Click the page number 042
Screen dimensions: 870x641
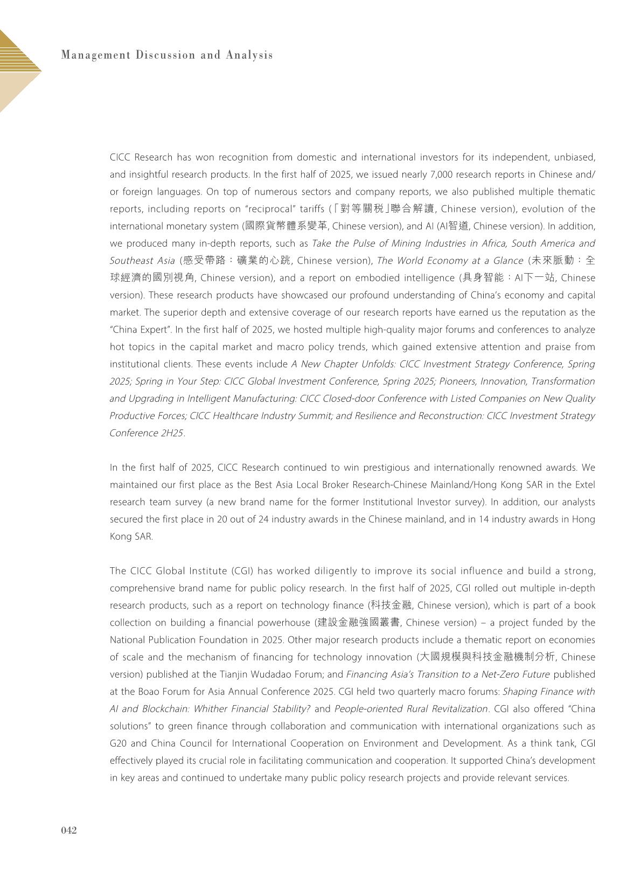pyautogui.click(x=68, y=830)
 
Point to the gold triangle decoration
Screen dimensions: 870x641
pyautogui.click(x=16, y=70)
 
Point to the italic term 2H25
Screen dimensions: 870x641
pyautogui.click(x=172, y=433)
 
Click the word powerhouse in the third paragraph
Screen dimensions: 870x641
pyautogui.click(x=264, y=623)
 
